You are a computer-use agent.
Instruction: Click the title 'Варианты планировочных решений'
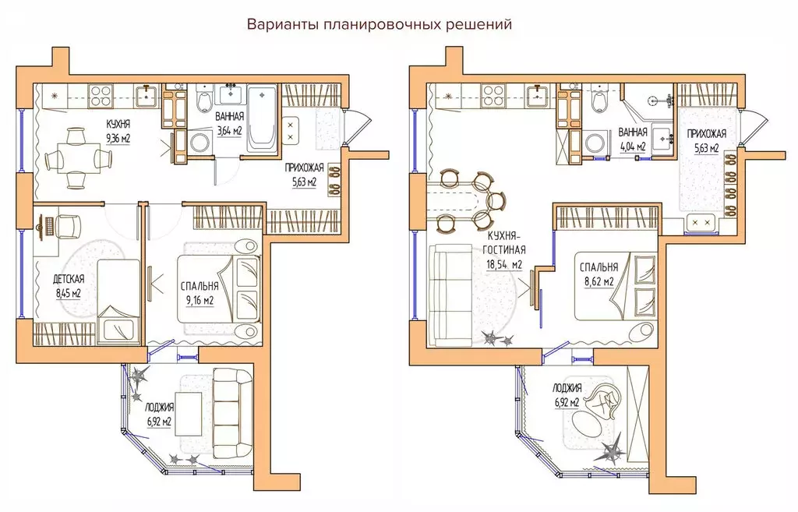point(379,24)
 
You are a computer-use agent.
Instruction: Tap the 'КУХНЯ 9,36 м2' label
point(118,131)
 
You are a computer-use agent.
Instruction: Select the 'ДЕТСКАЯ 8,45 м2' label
point(68,285)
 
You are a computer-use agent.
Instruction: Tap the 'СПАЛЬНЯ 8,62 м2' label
point(598,273)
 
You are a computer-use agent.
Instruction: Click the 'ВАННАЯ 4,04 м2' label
point(632,139)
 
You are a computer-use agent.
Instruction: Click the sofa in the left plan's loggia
point(233,407)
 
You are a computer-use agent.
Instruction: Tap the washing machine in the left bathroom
point(198,143)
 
